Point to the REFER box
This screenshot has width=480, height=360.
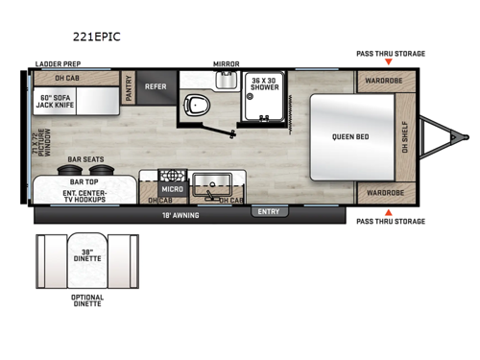tap(156, 86)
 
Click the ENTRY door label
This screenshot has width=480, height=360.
tap(267, 211)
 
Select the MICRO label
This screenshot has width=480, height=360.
tap(172, 189)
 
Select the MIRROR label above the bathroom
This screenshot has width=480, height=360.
tap(227, 63)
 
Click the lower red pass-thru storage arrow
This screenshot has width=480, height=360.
tap(388, 210)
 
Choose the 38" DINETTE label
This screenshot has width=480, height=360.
tap(86, 256)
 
